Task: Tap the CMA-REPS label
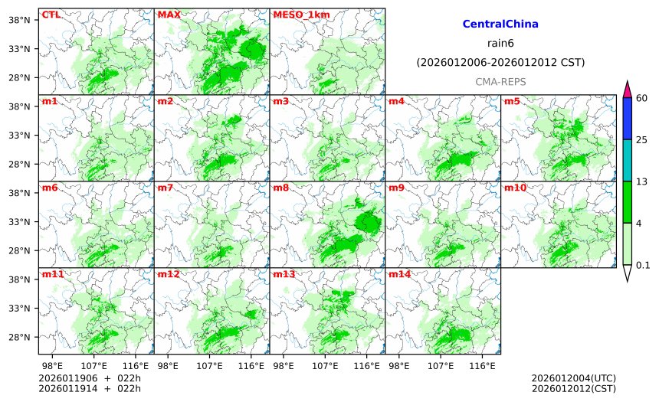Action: pyautogui.click(x=500, y=80)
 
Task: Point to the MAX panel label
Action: pyautogui.click(x=169, y=15)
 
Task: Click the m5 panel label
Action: pyautogui.click(x=512, y=101)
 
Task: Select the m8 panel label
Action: pyautogui.click(x=280, y=188)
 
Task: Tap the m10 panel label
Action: pyautogui.click(x=514, y=188)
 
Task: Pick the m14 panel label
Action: pyautogui.click(x=398, y=274)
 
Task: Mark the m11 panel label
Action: pyautogui.click(x=52, y=274)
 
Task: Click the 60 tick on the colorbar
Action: pyautogui.click(x=642, y=97)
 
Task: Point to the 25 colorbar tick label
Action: pyautogui.click(x=642, y=139)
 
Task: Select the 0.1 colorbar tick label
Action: pyautogui.click(x=644, y=265)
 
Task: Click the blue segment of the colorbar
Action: pyautogui.click(x=627, y=118)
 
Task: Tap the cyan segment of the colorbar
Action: pyautogui.click(x=627, y=160)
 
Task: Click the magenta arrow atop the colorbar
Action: pyautogui.click(x=627, y=88)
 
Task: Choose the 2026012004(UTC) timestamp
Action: pyautogui.click(x=573, y=378)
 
